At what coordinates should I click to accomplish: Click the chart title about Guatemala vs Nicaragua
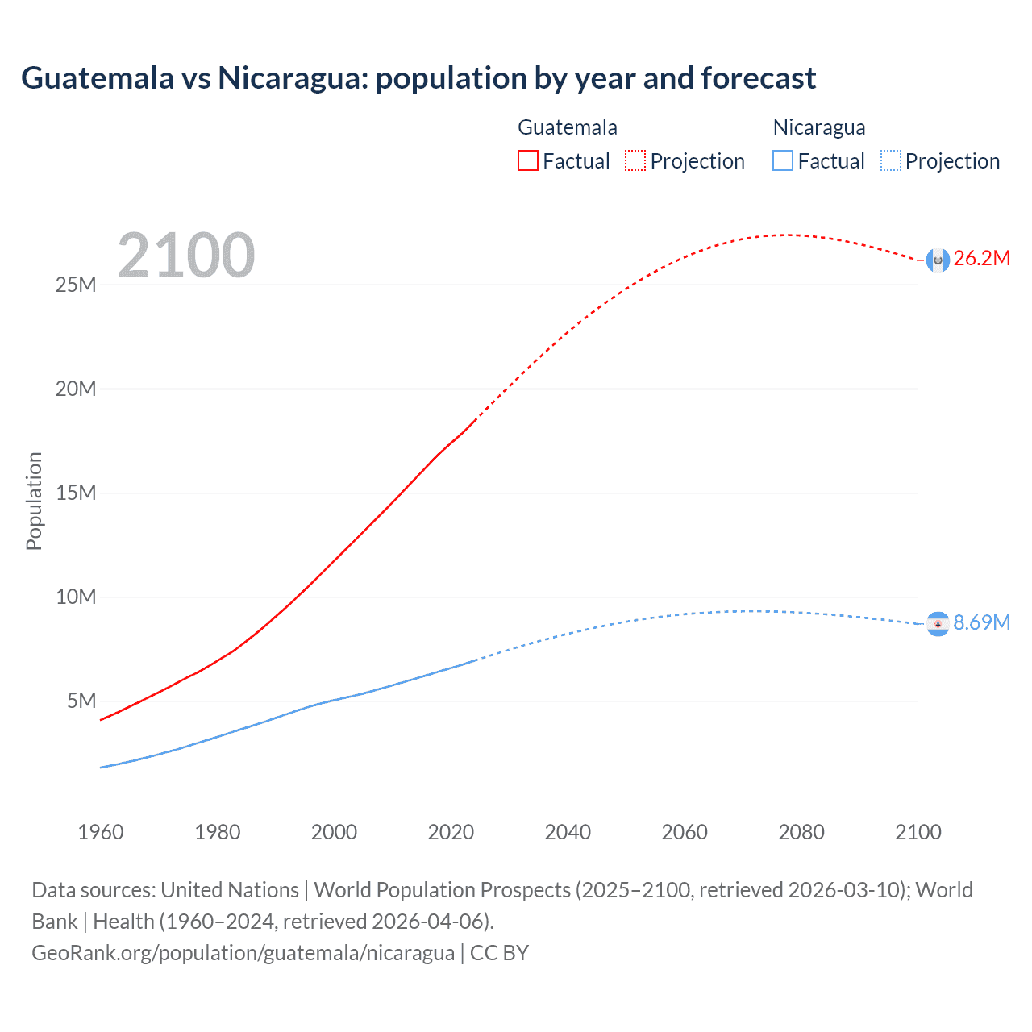point(418,78)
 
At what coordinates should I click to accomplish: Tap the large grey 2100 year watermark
point(185,256)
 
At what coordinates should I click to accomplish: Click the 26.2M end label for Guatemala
point(981,258)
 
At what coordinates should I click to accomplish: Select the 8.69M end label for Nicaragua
point(981,622)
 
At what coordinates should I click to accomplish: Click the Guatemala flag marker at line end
point(938,260)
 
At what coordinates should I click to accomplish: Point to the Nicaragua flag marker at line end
point(938,624)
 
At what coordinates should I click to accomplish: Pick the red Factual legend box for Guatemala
point(528,160)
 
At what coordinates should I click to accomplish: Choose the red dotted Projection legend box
point(635,160)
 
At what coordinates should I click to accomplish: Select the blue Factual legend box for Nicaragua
point(783,160)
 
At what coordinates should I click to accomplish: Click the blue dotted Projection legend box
point(890,160)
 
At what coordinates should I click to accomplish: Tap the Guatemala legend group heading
point(567,127)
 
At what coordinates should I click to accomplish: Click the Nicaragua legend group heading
point(818,127)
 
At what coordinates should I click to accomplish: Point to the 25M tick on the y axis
point(76,285)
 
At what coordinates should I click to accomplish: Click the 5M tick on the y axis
point(81,701)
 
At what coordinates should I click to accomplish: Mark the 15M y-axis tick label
point(76,493)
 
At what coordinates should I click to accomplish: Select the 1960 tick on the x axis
point(101,832)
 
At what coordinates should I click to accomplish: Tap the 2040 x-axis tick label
point(568,832)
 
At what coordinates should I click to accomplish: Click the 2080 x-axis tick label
point(801,832)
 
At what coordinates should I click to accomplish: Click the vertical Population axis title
point(34,501)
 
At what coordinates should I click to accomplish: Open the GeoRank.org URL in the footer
point(243,953)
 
